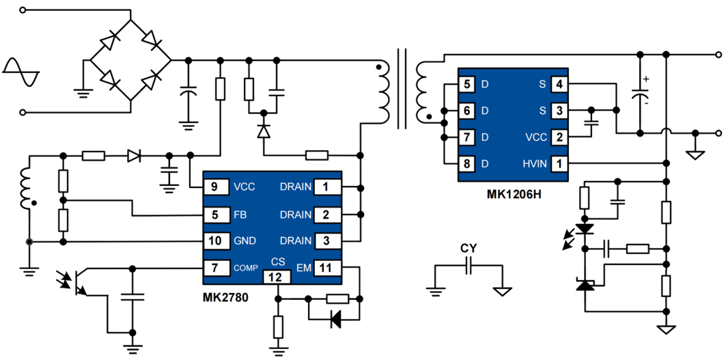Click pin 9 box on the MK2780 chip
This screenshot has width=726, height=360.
click(x=214, y=187)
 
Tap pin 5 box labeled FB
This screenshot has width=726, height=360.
click(x=214, y=214)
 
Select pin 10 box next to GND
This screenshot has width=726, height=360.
click(x=214, y=241)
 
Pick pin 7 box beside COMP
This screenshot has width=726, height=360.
click(x=214, y=268)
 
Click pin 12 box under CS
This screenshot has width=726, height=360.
click(x=277, y=278)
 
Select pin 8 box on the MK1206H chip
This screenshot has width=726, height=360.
click(x=466, y=164)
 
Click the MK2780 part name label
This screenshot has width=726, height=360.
click(x=225, y=297)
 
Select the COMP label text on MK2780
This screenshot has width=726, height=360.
click(x=246, y=268)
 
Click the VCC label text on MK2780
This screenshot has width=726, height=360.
click(x=244, y=187)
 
